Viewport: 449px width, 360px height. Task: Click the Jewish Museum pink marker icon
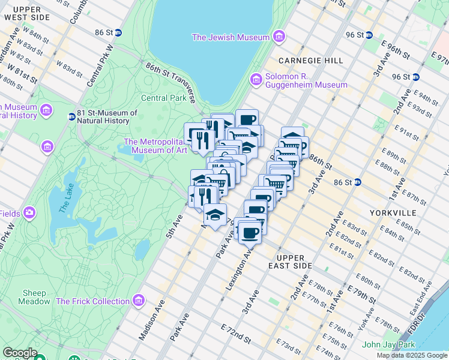(278, 37)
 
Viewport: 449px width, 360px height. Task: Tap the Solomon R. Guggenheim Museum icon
(256, 79)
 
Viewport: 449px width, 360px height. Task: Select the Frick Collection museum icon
(139, 299)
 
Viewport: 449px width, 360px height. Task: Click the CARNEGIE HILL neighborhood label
(311, 61)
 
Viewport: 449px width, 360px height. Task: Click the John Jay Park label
(389, 344)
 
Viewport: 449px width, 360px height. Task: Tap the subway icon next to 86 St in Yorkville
(358, 182)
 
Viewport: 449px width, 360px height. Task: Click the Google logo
(20, 353)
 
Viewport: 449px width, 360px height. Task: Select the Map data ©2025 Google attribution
(411, 355)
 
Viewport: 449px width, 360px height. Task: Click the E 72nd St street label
(236, 334)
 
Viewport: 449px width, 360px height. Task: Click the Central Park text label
(164, 98)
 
